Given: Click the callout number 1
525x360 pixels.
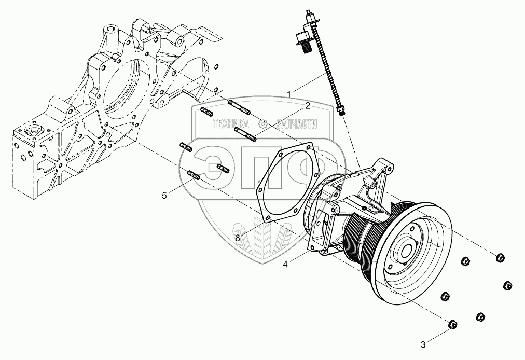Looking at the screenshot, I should click(289, 94).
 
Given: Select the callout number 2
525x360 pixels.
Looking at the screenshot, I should click(307, 106).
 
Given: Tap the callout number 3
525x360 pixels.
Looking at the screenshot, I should click(423, 343).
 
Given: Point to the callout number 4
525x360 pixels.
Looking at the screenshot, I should click(286, 264).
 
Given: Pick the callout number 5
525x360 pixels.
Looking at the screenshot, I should click(164, 195).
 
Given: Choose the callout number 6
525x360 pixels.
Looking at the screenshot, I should click(238, 238).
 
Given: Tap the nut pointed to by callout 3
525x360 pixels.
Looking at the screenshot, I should click(452, 324).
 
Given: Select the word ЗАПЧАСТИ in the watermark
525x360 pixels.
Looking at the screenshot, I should click(296, 124).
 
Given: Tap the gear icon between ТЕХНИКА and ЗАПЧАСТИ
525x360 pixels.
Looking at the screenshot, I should click(262, 124).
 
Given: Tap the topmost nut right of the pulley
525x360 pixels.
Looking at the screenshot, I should click(500, 257).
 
